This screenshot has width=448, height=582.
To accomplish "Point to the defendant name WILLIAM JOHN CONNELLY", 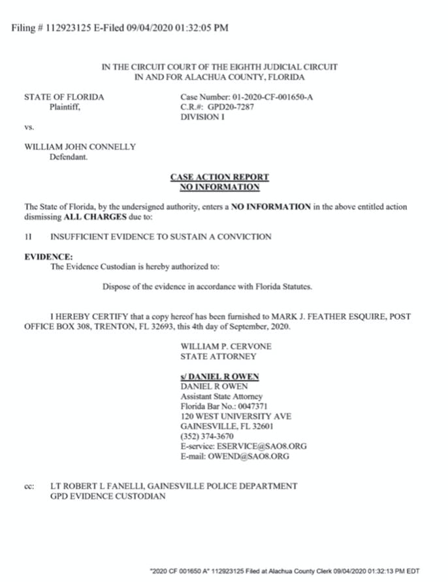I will pos(80,147).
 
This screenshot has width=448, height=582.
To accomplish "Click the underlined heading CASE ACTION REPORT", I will pos(219,177).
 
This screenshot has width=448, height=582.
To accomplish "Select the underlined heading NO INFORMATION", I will pos(219,187).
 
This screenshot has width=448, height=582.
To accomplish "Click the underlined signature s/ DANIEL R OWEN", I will pos(219,376).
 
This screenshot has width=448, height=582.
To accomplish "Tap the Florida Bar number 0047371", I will pos(246,406).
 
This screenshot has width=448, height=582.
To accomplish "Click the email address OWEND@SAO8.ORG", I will pos(253,456).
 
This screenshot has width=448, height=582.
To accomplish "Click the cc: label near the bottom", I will pos(29,486).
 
